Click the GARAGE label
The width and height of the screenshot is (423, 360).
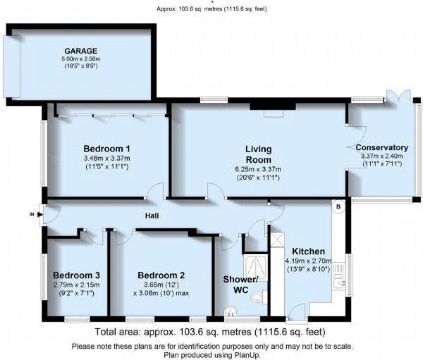83,51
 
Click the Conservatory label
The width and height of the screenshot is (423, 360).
382,147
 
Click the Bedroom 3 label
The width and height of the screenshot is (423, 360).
76,275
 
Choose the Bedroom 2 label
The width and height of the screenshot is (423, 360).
161,275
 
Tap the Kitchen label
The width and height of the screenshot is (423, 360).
308,251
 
